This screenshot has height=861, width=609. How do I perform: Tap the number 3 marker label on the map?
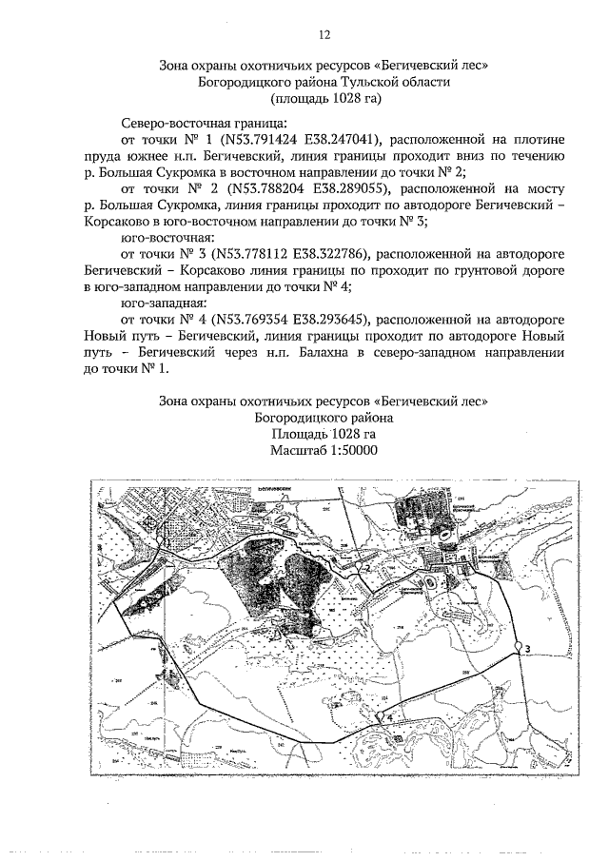pyautogui.click(x=526, y=649)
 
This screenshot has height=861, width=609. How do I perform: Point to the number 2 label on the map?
pyautogui.click(x=365, y=568)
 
